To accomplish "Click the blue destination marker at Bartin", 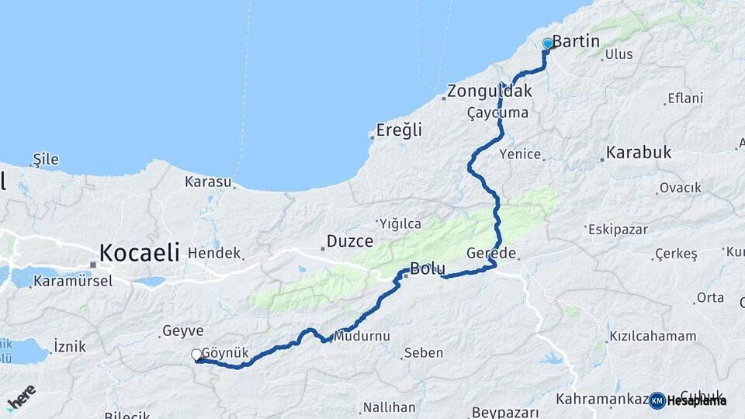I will point(547,44).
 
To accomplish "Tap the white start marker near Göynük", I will point(197,355).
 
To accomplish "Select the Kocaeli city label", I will point(140,252).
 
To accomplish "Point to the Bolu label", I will point(428,269).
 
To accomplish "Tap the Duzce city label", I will point(350,241).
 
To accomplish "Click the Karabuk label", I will point(639,152).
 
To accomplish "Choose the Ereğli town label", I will point(400,130).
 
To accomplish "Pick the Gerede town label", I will point(492,254).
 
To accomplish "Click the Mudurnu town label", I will point(362,336).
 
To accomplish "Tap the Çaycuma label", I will point(497,113).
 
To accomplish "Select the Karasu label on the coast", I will point(208,182).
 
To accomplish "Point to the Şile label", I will point(46,160).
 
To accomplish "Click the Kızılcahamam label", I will point(653,336).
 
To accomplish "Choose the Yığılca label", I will point(400,223).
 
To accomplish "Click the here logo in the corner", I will point(21,398).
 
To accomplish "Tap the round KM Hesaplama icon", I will point(657,400).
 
